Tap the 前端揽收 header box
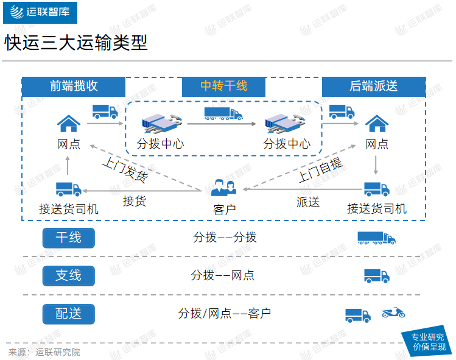[x=74, y=86]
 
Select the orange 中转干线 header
[x=224, y=86]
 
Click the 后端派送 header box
[x=373, y=86]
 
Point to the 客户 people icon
[x=223, y=188]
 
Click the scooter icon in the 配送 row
[x=393, y=313]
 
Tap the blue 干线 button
[x=68, y=238]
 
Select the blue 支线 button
[x=68, y=275]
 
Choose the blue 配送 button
[x=68, y=314]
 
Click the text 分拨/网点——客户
[x=224, y=314]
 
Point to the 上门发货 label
[x=124, y=170]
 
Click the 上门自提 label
[x=320, y=170]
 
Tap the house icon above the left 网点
[x=68, y=123]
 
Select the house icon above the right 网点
[x=377, y=123]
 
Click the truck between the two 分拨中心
[x=223, y=113]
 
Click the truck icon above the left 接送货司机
[x=68, y=189]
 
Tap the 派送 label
[x=308, y=202]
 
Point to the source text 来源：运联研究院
[x=44, y=352]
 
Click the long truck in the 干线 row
[x=376, y=238]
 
